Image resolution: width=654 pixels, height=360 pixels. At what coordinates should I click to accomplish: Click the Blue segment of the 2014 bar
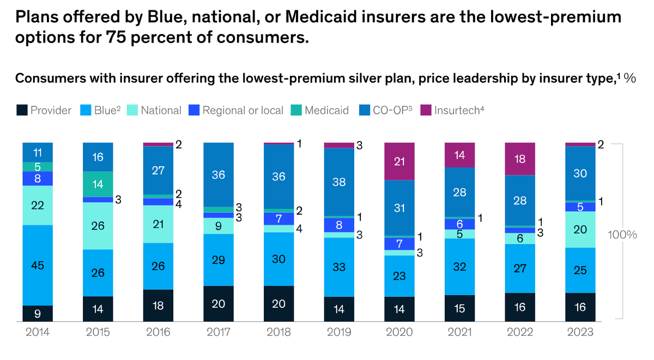(38, 265)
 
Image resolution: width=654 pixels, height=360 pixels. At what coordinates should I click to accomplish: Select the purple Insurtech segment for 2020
(399, 162)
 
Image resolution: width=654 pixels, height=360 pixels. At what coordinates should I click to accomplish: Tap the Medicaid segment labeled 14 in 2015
(98, 184)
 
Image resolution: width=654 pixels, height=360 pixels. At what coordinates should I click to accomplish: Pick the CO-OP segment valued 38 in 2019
(339, 182)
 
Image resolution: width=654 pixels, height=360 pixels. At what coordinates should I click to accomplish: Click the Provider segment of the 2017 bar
(218, 304)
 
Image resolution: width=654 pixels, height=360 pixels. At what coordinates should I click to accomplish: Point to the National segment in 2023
(580, 229)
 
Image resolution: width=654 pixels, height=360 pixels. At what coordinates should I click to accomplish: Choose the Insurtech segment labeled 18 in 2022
(519, 159)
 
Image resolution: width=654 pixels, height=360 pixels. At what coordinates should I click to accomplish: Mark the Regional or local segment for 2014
(38, 179)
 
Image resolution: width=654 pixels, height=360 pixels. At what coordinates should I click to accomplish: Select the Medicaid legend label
(326, 111)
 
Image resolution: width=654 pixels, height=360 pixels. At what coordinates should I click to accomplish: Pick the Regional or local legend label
(243, 111)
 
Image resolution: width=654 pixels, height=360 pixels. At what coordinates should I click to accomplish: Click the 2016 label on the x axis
(158, 333)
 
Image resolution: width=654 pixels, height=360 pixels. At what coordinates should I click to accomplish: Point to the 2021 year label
(459, 333)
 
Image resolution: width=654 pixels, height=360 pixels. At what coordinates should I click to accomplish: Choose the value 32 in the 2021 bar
(459, 267)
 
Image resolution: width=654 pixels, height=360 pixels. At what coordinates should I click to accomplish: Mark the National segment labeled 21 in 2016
(158, 224)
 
